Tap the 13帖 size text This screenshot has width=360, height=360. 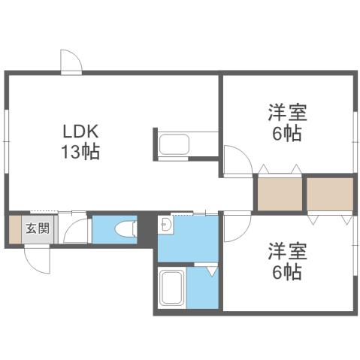80,150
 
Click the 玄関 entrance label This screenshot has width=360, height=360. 38,228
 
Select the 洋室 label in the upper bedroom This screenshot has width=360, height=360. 286,115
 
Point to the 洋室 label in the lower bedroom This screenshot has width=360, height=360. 286,251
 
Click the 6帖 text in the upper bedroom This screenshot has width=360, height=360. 286,135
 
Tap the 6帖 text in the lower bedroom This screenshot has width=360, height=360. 286,271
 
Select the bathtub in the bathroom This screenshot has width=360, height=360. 172,289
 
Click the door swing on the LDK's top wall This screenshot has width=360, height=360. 72,62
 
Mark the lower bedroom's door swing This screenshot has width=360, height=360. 234,223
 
